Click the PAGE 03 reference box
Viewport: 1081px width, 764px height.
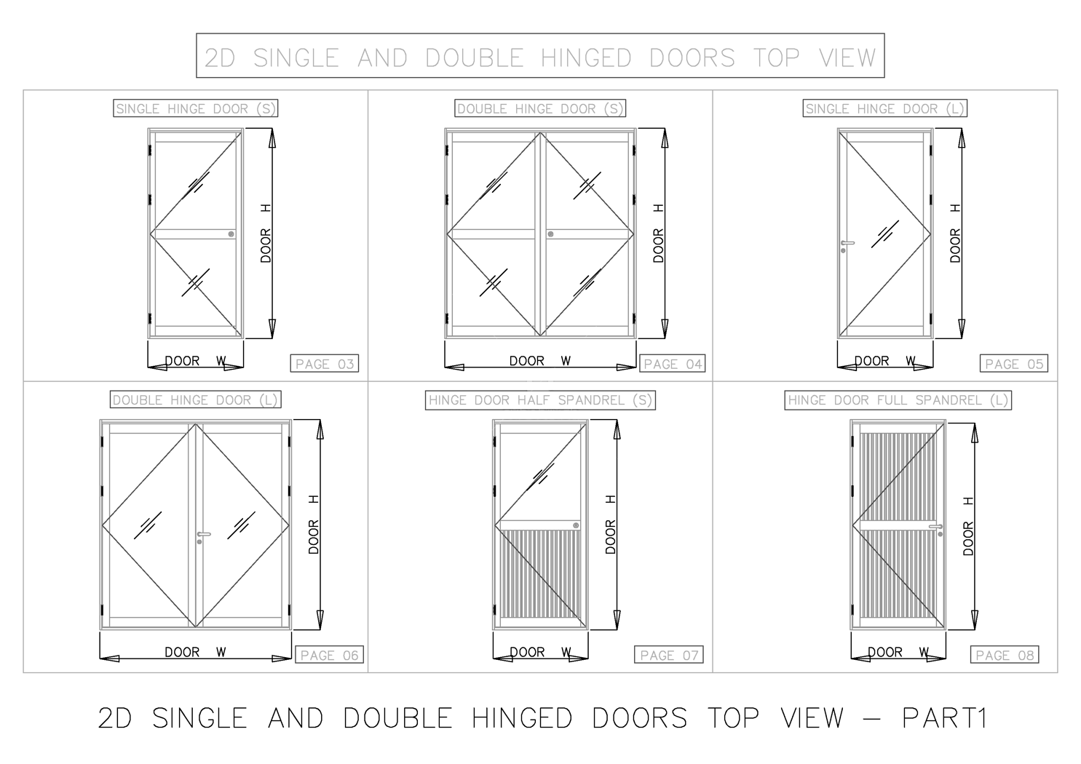(x=325, y=364)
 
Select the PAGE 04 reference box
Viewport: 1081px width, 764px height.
(x=672, y=364)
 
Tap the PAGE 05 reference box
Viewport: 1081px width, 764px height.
(x=1014, y=364)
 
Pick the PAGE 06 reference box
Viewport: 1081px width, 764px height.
(x=329, y=656)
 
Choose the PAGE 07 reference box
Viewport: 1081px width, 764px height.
(x=669, y=656)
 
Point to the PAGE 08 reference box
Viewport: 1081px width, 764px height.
(x=1005, y=656)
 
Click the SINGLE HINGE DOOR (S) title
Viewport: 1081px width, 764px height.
(x=196, y=109)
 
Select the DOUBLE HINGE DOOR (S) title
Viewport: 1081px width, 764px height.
(x=540, y=109)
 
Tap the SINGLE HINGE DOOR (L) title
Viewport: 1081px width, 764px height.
(x=885, y=109)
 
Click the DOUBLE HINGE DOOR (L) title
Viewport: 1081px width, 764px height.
(x=195, y=400)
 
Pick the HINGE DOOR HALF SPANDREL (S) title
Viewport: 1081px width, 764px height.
(x=540, y=400)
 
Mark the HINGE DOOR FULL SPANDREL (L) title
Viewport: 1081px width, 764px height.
(x=898, y=400)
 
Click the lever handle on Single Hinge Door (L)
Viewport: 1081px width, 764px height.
(x=847, y=243)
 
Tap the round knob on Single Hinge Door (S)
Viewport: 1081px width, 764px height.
(x=231, y=234)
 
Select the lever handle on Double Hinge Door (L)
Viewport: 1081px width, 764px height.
(x=204, y=535)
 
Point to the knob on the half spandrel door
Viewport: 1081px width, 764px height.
(x=576, y=525)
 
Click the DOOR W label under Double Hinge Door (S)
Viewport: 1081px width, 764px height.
(x=539, y=361)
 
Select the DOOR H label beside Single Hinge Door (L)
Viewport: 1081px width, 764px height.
(x=955, y=234)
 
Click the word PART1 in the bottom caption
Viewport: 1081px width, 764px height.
(x=944, y=718)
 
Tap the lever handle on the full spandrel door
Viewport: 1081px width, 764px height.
(x=936, y=527)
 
